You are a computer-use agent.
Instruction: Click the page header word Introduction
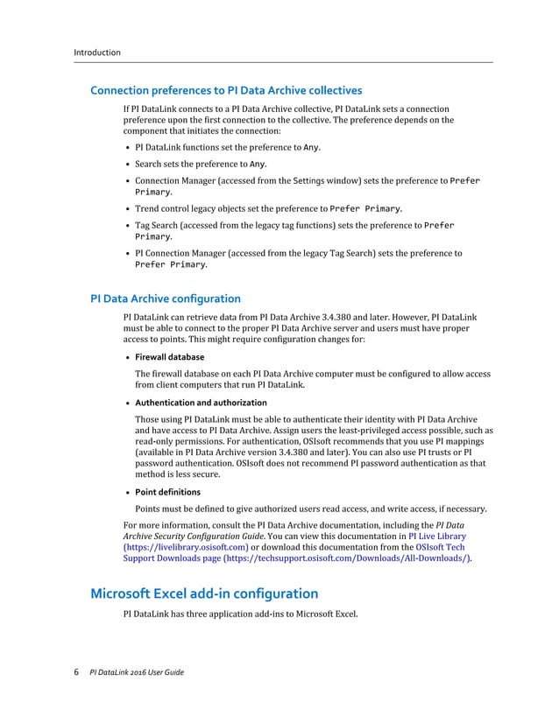(96, 53)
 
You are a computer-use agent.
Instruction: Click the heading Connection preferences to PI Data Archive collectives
(226, 90)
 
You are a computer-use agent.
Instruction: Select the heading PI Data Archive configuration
(166, 298)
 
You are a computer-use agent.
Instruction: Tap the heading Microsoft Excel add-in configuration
(204, 593)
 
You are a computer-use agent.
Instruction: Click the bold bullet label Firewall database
(169, 357)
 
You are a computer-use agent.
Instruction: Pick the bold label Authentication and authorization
(201, 403)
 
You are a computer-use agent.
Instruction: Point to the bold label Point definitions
(167, 492)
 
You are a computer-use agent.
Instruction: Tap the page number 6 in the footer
(75, 671)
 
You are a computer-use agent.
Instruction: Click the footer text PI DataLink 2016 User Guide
(137, 672)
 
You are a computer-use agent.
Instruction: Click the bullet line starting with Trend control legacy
(268, 209)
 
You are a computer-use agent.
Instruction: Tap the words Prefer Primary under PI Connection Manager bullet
(170, 264)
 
